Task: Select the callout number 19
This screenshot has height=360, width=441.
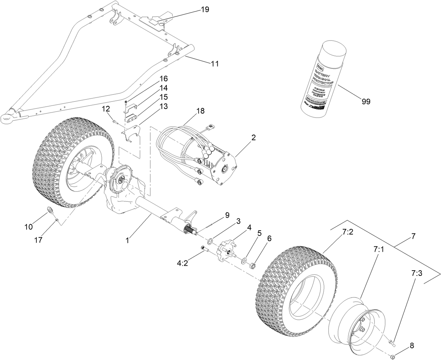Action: pyautogui.click(x=205, y=9)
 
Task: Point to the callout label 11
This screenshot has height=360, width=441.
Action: pyautogui.click(x=215, y=63)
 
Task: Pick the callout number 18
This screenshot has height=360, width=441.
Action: pyautogui.click(x=200, y=111)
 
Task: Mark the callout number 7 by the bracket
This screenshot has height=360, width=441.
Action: pyautogui.click(x=413, y=236)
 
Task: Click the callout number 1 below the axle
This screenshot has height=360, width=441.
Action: pyautogui.click(x=128, y=240)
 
